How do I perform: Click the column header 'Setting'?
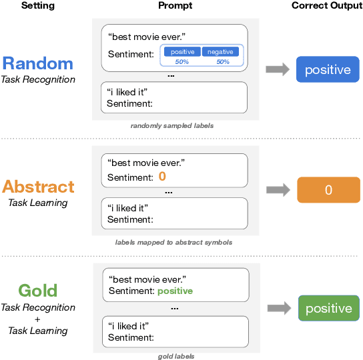click(37, 6)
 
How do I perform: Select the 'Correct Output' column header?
click(327, 6)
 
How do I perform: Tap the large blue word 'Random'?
click(37, 63)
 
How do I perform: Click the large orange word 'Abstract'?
click(38, 187)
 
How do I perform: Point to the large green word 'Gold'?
click(37, 291)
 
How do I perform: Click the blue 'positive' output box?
click(328, 70)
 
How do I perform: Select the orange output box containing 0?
click(328, 190)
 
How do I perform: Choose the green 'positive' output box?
click(328, 308)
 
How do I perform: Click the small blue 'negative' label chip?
click(220, 52)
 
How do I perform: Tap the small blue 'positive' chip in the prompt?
click(182, 52)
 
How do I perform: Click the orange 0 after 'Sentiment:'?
click(162, 177)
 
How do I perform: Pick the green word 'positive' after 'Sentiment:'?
click(175, 291)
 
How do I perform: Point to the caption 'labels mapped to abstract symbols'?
click(173, 242)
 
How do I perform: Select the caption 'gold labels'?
click(176, 357)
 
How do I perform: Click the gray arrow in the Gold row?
click(279, 308)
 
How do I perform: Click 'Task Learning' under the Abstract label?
click(37, 203)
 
